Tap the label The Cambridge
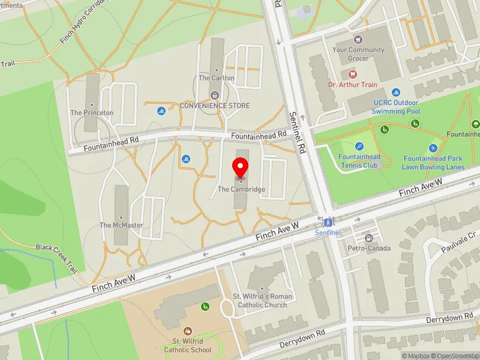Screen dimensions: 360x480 [241, 189]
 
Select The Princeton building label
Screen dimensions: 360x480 [92, 113]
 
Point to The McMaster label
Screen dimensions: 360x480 [121, 225]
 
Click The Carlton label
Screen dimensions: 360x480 [217, 78]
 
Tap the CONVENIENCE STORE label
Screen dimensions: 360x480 [215, 106]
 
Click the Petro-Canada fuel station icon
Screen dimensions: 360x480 [369, 238]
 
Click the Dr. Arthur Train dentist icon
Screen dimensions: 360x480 [352, 75]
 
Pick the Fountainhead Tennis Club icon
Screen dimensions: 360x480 [359, 146]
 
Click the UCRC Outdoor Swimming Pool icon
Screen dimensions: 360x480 [396, 92]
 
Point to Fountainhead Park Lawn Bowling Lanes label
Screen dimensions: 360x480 [433, 163]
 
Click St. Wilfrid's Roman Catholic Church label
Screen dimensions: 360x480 [263, 301]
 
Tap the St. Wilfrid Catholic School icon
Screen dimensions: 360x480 [188, 331]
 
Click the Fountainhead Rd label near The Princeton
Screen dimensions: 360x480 [111, 143]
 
